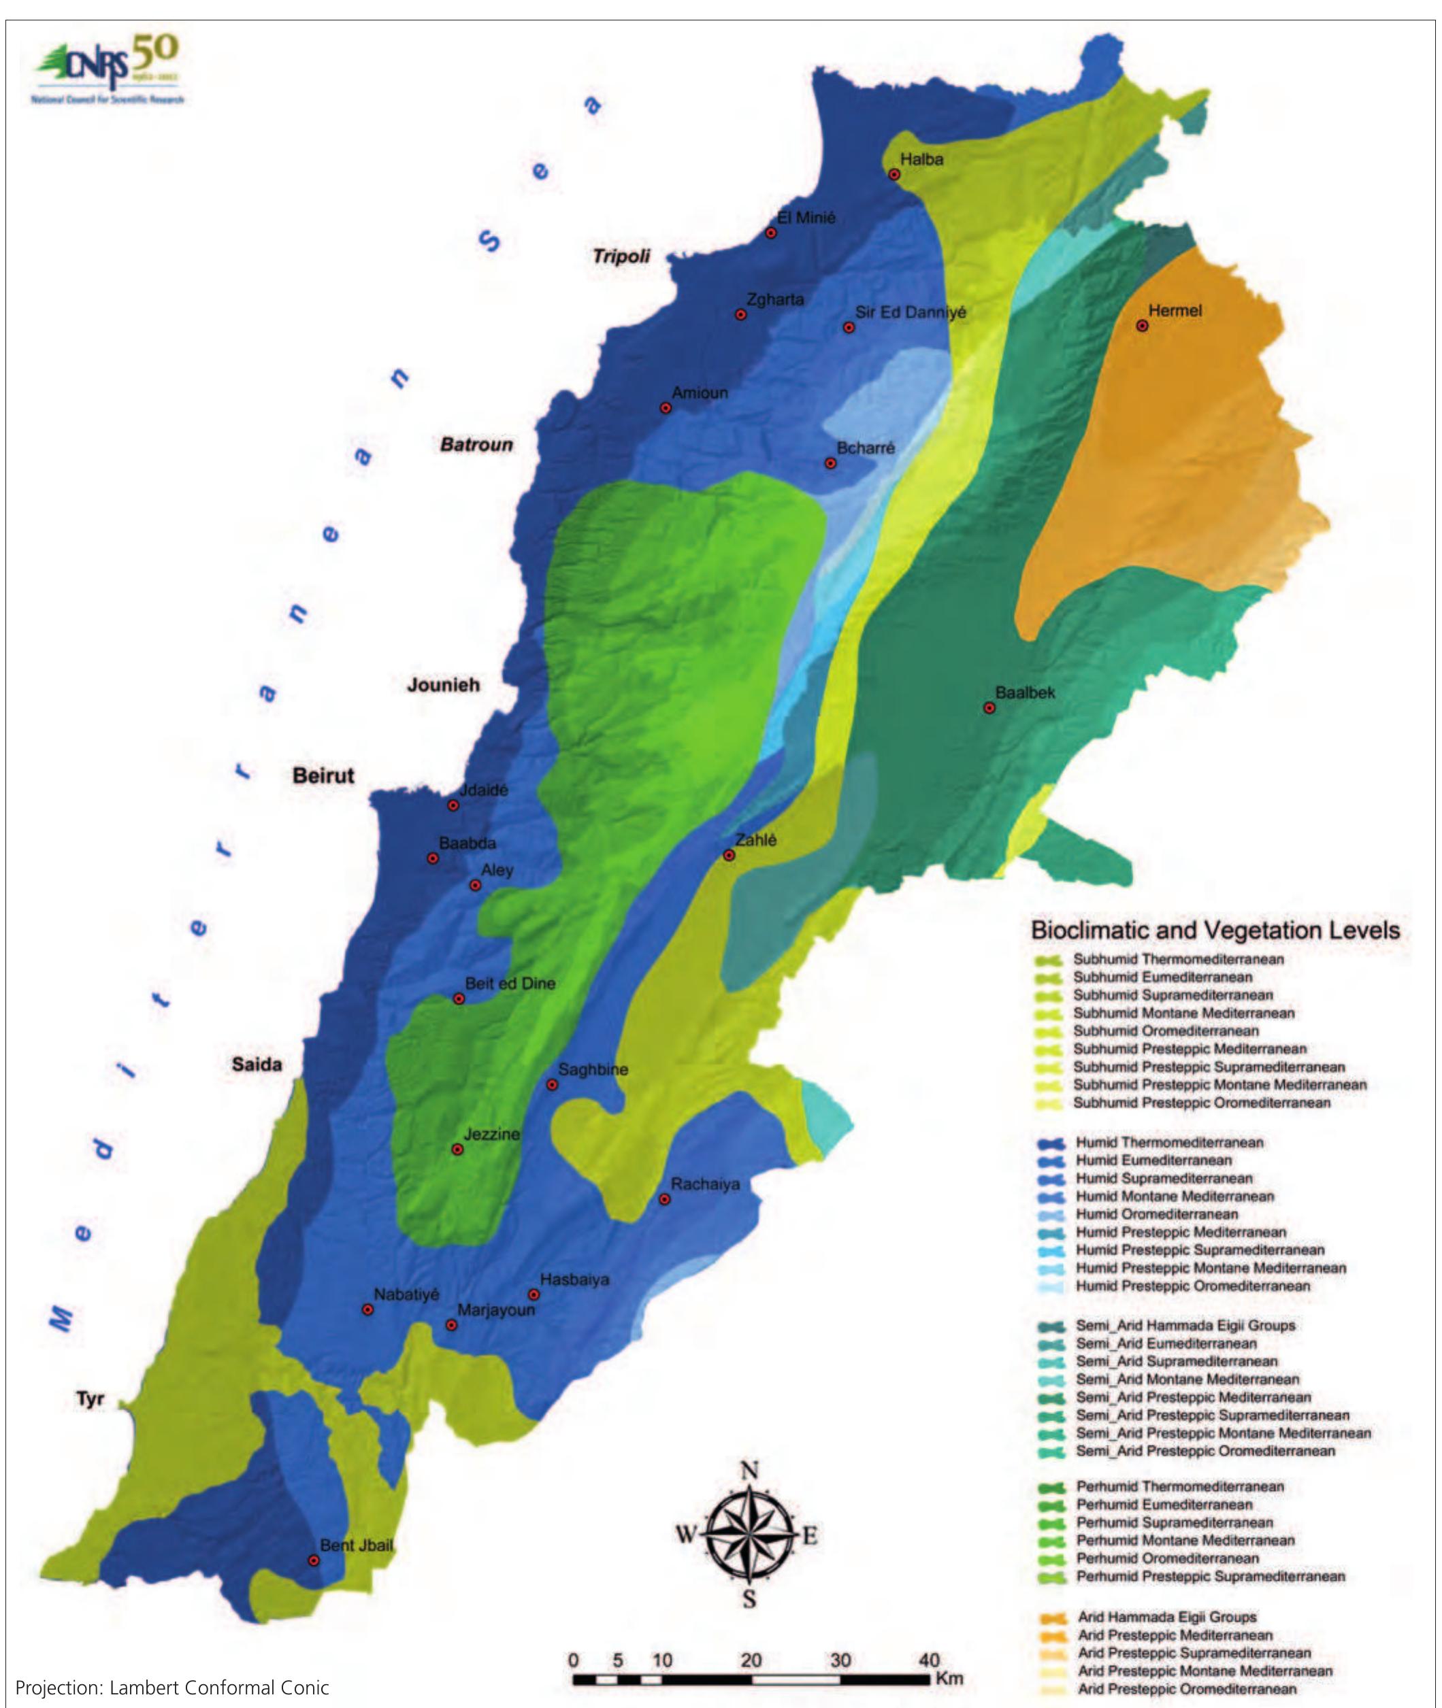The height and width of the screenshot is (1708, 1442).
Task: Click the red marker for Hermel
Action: point(1142,326)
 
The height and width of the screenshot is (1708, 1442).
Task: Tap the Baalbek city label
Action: point(1025,692)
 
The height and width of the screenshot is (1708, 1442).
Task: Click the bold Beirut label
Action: point(324,775)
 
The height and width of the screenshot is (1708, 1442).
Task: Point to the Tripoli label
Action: point(621,256)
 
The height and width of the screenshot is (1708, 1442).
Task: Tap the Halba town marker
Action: point(894,174)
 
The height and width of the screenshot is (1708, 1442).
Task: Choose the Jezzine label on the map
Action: point(491,1135)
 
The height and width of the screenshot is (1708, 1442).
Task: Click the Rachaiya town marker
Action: point(665,1199)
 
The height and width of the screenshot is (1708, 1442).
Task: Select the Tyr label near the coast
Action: point(90,1399)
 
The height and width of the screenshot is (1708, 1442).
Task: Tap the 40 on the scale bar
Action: point(929,1660)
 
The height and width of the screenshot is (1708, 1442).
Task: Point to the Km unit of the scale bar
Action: point(950,1679)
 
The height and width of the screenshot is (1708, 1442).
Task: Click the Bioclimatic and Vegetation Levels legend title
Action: point(1215,930)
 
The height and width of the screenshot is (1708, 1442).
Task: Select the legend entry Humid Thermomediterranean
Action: point(1169,1143)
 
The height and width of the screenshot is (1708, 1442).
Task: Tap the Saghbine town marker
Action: point(552,1084)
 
